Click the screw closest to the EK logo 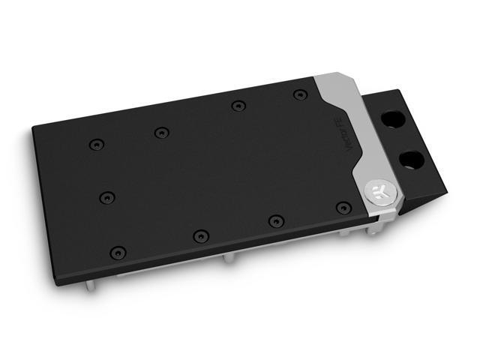tap(343, 207)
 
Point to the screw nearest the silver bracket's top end tap(300, 94)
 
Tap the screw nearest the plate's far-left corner tap(94, 144)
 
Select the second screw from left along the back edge tap(160, 133)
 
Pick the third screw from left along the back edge tap(237, 106)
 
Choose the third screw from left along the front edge tap(276, 220)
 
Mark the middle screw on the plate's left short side tap(106, 198)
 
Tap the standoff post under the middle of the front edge tap(229, 259)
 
